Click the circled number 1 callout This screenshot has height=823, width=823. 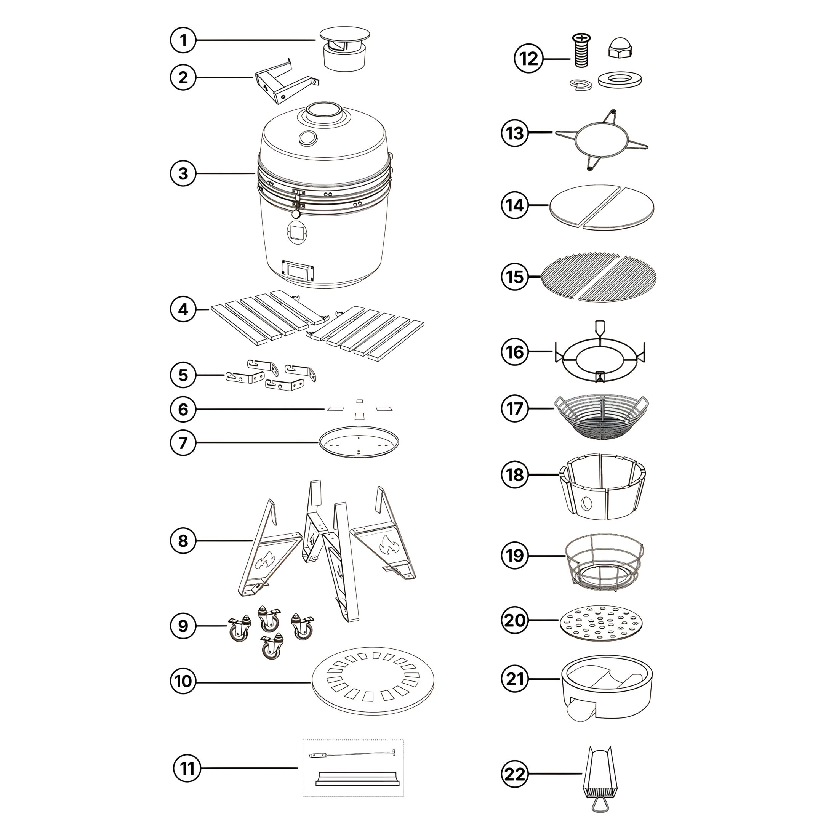point(183,40)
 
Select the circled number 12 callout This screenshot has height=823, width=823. point(528,59)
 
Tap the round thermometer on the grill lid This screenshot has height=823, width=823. point(307,137)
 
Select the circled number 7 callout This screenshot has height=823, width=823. point(183,443)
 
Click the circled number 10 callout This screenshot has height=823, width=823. point(183,681)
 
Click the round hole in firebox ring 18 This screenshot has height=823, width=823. point(586,504)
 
